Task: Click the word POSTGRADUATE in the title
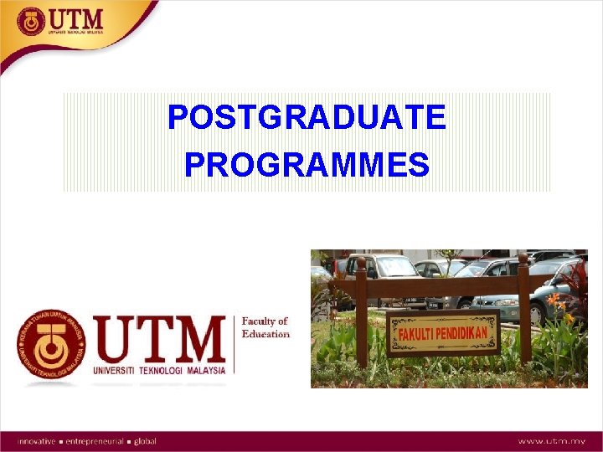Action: click(x=307, y=117)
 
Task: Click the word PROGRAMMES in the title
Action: click(x=307, y=164)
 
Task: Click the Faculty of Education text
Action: click(x=265, y=327)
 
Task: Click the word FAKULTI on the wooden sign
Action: click(x=420, y=333)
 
